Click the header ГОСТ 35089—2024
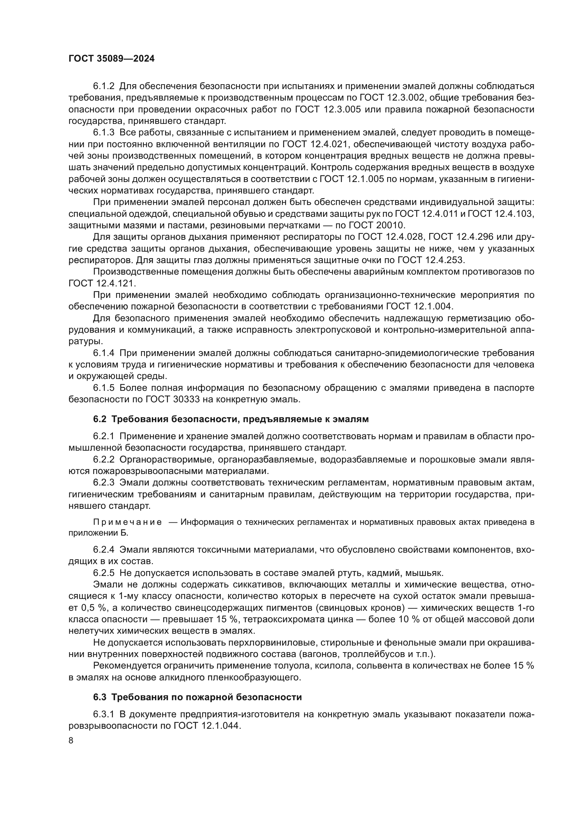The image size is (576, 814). click(x=111, y=59)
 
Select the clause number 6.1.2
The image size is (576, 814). click(x=104, y=86)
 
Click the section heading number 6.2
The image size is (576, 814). click(x=100, y=419)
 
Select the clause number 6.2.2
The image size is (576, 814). click(x=104, y=460)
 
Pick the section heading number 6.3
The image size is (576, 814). click(x=100, y=697)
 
